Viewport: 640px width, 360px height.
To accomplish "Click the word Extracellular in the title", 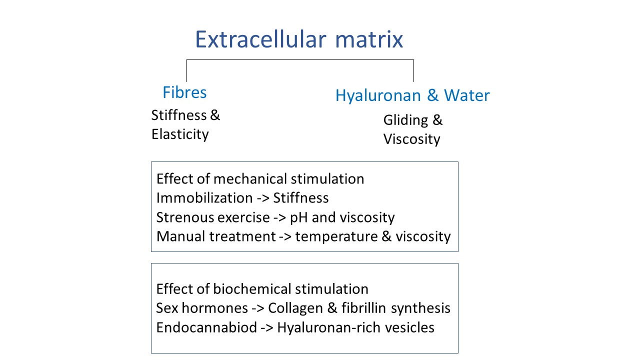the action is click(x=260, y=39).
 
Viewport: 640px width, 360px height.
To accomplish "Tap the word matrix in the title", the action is click(x=369, y=39).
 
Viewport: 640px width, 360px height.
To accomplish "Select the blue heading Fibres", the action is click(x=184, y=92).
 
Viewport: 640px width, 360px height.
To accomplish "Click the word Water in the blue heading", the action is click(x=467, y=95).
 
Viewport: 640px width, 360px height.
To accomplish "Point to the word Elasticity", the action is click(x=180, y=134).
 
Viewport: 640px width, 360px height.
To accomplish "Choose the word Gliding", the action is click(x=405, y=120).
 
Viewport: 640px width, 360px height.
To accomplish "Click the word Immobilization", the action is click(x=204, y=197).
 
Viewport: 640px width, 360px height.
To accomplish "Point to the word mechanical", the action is click(x=250, y=179).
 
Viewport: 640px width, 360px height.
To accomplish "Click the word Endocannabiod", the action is click(x=206, y=327).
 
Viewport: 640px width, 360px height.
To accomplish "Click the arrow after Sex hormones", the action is click(x=258, y=308).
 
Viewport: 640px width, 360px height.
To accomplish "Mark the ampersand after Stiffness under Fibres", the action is click(x=215, y=115).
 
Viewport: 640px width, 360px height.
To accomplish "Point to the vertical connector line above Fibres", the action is click(x=186, y=71).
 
